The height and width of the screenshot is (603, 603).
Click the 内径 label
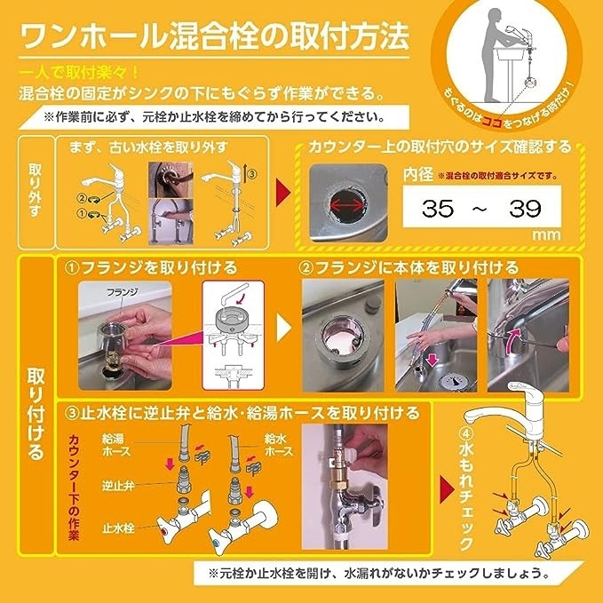(419, 173)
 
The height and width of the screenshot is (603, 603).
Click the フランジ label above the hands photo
(121, 290)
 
